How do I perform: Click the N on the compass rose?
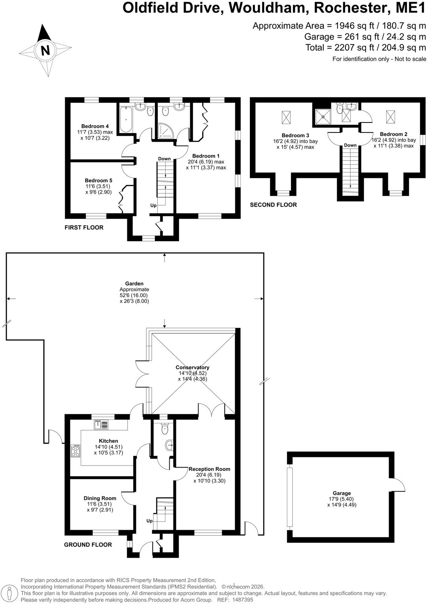point(45,50)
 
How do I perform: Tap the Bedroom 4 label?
point(95,126)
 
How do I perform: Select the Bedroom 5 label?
point(98,180)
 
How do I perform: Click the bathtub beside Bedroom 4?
point(126,119)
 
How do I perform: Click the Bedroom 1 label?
point(206,156)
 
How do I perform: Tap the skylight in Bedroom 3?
point(287,117)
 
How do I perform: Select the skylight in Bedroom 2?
point(390,117)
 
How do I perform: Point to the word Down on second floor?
point(350,145)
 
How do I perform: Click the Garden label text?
point(134,283)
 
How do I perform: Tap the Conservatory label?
point(192,367)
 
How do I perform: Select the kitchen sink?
point(101,425)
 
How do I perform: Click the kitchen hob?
point(76,450)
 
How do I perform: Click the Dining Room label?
point(100,498)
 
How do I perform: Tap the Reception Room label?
point(209,469)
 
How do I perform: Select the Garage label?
point(342,493)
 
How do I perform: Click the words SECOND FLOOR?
point(273,205)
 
